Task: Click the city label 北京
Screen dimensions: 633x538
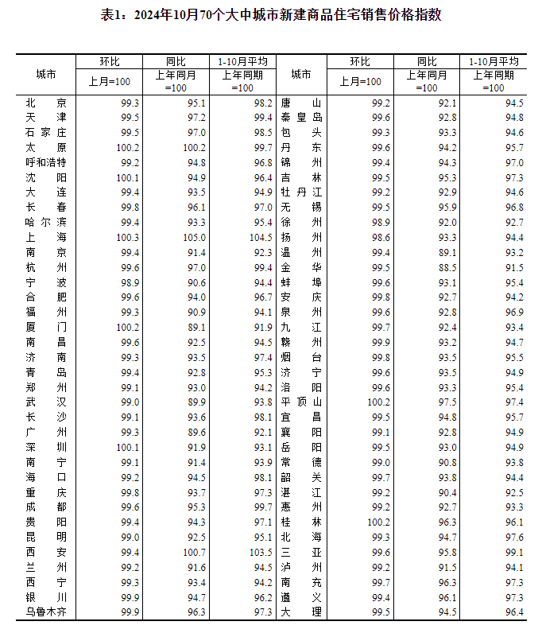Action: tap(46, 103)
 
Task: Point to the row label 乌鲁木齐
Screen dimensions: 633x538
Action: tap(46, 612)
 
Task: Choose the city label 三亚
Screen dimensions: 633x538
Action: tap(301, 552)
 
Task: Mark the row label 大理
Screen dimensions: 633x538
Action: tap(301, 612)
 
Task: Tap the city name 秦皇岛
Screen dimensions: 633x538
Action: tap(301, 118)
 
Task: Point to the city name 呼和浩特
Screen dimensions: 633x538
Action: tap(46, 162)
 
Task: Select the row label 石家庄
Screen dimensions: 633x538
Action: tap(46, 132)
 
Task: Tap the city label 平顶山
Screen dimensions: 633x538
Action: tap(301, 402)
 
